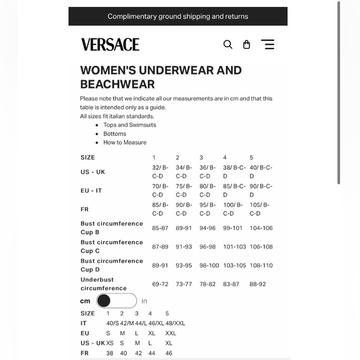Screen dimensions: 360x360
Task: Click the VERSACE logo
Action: coord(110,44)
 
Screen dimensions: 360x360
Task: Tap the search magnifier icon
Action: coord(228,44)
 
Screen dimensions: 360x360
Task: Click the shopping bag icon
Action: coord(246,44)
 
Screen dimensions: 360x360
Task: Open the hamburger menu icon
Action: coord(268,44)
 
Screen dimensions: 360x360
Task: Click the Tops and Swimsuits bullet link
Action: coord(130,125)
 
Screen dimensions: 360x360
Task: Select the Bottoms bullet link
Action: coord(115,133)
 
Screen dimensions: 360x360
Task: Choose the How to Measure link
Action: coord(125,142)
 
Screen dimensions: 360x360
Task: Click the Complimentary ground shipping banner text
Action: coord(178,16)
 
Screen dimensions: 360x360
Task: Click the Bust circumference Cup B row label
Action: coord(112,228)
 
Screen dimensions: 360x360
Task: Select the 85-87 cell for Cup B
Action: coord(160,228)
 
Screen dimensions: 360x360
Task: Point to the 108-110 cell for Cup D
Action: coord(261,265)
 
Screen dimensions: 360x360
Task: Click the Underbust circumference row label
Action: coord(104,284)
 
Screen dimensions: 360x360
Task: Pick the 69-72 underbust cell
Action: coord(160,284)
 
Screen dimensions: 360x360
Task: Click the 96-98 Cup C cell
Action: coord(207,246)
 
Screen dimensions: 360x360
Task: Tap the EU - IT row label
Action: coord(91,191)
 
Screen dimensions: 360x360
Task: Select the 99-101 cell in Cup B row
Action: coord(233,228)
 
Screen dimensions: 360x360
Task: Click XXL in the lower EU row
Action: coord(171,333)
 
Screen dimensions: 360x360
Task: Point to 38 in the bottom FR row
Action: coord(110,353)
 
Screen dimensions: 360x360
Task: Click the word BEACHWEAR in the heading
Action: coord(117,84)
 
